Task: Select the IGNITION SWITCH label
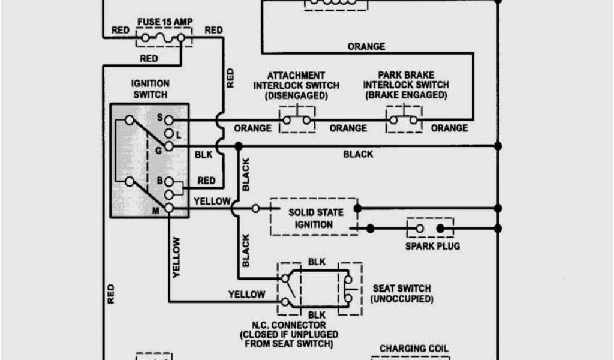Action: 149,89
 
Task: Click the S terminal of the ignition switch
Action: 169,120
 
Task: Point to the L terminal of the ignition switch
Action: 169,133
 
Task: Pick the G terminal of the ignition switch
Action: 169,146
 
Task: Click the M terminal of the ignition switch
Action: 169,208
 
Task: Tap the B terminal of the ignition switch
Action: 169,181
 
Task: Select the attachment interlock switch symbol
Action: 297,119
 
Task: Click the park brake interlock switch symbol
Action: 404,119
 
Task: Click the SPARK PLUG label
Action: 432,246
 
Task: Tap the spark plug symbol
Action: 430,228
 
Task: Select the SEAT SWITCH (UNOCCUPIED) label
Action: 401,293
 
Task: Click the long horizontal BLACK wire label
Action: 358,154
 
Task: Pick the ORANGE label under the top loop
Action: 366,47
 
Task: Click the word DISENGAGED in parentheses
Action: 297,96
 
